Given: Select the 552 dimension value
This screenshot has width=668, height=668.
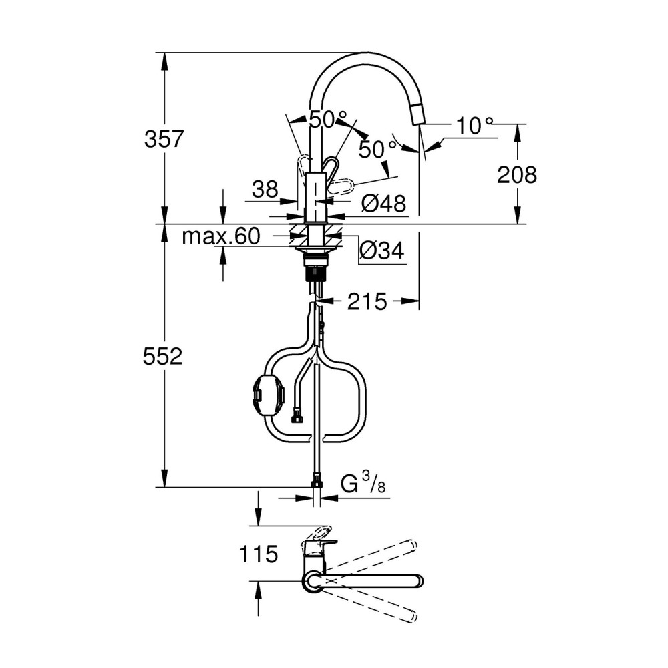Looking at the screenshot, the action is click(x=162, y=356).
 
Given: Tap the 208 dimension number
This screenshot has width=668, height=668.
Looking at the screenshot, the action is click(x=517, y=174).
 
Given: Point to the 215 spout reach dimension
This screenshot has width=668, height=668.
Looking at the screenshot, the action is click(x=367, y=301).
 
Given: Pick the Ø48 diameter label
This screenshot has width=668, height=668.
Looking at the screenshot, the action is click(x=383, y=204).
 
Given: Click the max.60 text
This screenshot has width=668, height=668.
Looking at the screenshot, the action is click(x=220, y=236).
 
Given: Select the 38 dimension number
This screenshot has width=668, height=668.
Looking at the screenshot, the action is click(x=265, y=189).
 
